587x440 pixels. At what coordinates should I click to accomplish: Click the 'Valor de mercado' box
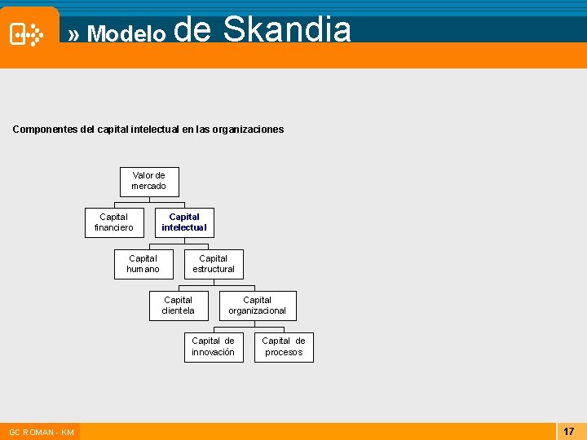(x=149, y=181)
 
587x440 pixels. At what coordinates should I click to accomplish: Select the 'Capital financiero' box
(x=114, y=222)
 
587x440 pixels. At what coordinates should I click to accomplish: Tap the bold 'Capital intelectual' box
(x=184, y=222)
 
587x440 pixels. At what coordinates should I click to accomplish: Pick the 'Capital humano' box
(x=143, y=264)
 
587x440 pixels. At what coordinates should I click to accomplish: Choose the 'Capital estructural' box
(x=214, y=264)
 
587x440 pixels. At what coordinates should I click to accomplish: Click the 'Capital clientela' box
(x=179, y=306)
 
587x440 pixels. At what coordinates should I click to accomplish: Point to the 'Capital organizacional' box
(x=258, y=306)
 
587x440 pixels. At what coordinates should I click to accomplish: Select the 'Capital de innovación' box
(x=213, y=347)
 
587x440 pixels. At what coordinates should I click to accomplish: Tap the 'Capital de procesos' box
(x=284, y=347)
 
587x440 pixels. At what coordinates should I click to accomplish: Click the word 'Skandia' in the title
(x=287, y=30)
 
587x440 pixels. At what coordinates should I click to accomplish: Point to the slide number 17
(x=569, y=431)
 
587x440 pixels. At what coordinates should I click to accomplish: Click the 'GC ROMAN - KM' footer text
(x=42, y=432)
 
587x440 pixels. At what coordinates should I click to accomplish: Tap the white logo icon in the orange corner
(x=27, y=34)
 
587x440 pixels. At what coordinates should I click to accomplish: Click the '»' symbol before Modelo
(x=74, y=34)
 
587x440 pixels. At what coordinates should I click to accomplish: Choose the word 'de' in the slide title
(x=193, y=30)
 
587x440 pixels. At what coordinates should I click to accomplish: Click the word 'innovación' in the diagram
(x=213, y=353)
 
